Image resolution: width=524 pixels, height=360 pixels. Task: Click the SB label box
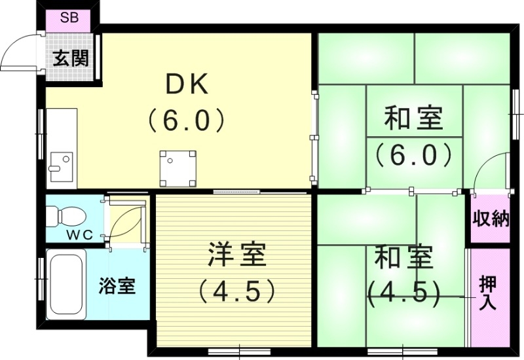(69, 18)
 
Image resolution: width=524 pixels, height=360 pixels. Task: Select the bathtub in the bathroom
(65, 285)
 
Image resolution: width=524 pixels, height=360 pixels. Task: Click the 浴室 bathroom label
(117, 286)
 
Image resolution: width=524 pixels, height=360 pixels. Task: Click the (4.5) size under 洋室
(236, 291)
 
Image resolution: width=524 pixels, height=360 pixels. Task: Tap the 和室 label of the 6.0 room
(413, 120)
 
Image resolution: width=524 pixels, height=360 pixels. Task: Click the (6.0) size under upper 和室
(413, 155)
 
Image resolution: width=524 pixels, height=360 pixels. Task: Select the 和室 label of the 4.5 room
(403, 257)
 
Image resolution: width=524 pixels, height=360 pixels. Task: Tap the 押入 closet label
(488, 292)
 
